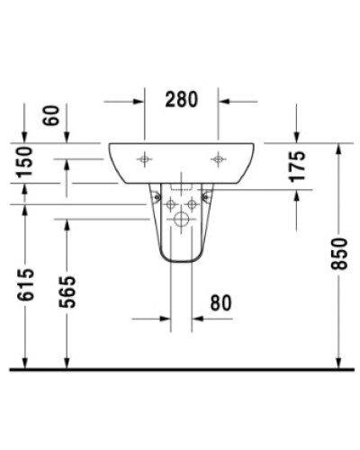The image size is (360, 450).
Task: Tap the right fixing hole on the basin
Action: (x=217, y=159)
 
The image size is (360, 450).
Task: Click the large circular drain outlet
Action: (x=181, y=219)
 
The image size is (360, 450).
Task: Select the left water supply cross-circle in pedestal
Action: (x=169, y=204)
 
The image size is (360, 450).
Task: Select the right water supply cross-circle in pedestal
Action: (x=193, y=204)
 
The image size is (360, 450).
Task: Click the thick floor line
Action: (x=180, y=368)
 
